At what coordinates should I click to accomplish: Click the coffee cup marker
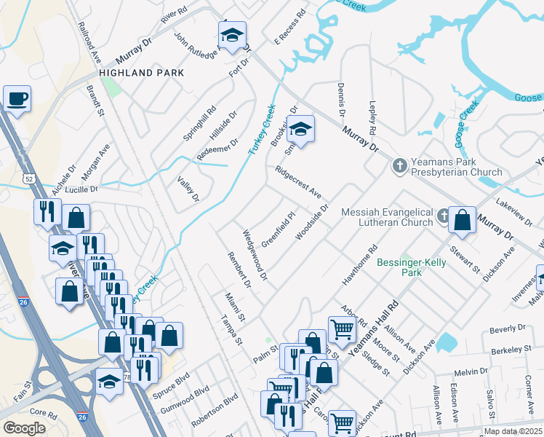click(x=17, y=98)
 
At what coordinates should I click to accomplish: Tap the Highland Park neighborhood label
click(x=141, y=74)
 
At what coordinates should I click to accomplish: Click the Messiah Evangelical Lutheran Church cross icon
click(x=444, y=216)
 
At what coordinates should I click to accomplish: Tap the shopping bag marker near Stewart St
click(x=462, y=220)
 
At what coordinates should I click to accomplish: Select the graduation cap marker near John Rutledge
click(x=232, y=35)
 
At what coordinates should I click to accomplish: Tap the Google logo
click(x=24, y=428)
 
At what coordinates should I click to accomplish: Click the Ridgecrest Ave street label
click(x=298, y=183)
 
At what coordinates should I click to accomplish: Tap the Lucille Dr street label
click(x=82, y=189)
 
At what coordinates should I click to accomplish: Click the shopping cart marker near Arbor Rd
click(x=342, y=328)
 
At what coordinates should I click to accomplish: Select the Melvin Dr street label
click(x=472, y=371)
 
